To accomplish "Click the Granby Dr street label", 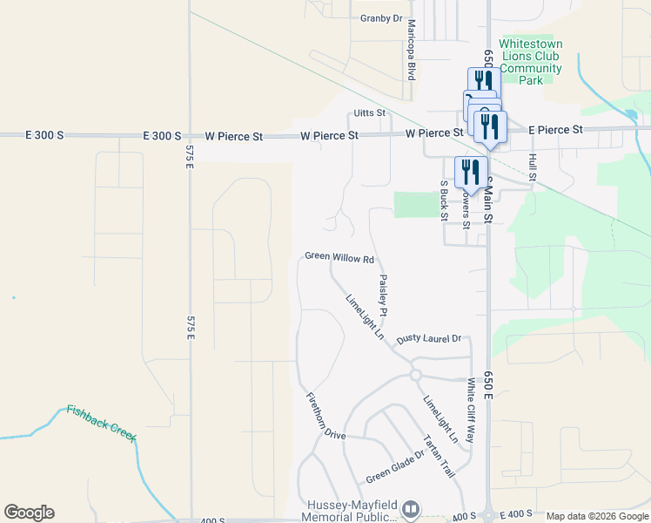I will pyautogui.click(x=381, y=17).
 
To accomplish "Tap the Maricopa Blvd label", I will pyautogui.click(x=411, y=50).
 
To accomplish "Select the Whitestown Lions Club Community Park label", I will pyautogui.click(x=530, y=62).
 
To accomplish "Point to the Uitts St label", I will pyautogui.click(x=369, y=113).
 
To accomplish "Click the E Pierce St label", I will pyautogui.click(x=555, y=130).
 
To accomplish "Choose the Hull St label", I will pyautogui.click(x=532, y=167).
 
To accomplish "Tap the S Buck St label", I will pyautogui.click(x=443, y=200).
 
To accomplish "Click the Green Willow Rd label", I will pyautogui.click(x=339, y=258).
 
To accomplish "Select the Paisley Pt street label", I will pyautogui.click(x=382, y=295).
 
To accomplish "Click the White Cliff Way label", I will pyautogui.click(x=470, y=410).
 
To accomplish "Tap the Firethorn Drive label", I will pyautogui.click(x=325, y=416).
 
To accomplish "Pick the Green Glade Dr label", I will pyautogui.click(x=394, y=466).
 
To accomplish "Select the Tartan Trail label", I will pyautogui.click(x=439, y=457).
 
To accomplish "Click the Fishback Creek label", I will pyautogui.click(x=102, y=422).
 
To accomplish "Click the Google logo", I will pyautogui.click(x=29, y=513).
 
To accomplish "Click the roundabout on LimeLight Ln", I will pyautogui.click(x=415, y=375).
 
